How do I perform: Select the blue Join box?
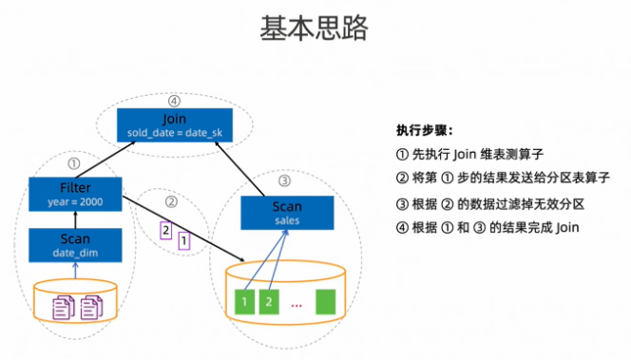(174, 125)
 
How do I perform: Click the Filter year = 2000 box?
(75, 194)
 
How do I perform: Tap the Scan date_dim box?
(75, 245)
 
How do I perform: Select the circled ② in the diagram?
(172, 202)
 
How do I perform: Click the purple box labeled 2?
(166, 230)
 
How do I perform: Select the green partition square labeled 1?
(245, 302)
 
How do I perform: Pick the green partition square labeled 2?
(269, 302)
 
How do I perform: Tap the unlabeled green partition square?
(327, 302)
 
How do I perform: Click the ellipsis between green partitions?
(296, 304)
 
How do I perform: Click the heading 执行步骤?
(425, 131)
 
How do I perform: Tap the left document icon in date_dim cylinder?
(63, 307)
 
